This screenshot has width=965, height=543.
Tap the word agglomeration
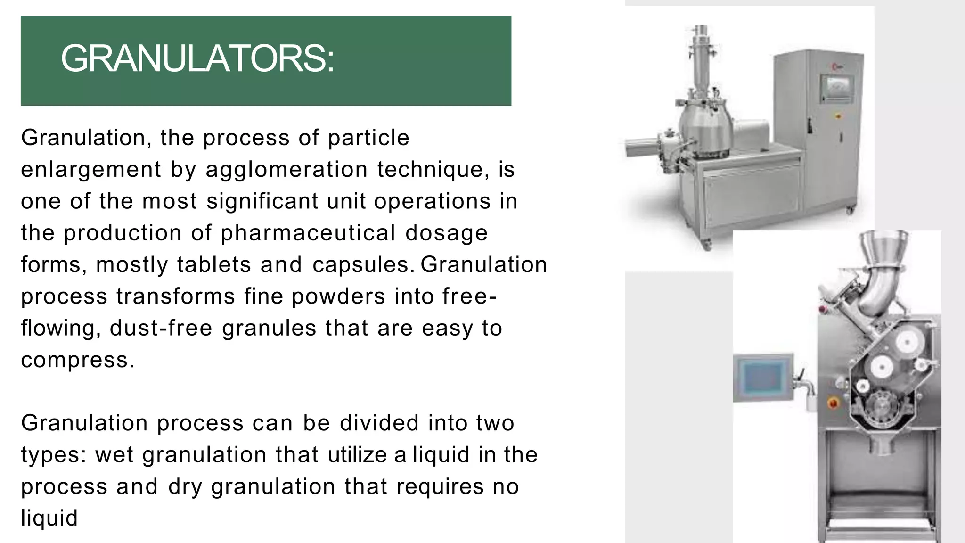(286, 169)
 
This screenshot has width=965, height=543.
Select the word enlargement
(91, 169)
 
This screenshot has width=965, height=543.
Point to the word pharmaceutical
(308, 233)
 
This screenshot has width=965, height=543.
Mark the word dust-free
(161, 328)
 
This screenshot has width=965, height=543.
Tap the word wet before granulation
(114, 455)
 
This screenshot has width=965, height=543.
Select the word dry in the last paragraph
(185, 486)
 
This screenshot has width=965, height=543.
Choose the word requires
(440, 486)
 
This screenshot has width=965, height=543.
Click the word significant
(262, 201)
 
